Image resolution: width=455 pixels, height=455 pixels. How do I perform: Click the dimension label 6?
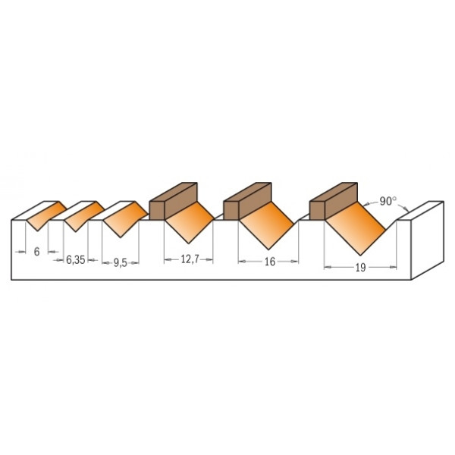36,252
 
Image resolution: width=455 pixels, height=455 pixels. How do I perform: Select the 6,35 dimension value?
75,259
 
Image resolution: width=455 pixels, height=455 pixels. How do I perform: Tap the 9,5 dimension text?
120,263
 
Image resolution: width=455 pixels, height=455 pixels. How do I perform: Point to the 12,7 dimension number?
190,259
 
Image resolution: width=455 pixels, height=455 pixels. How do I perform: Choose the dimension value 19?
361,267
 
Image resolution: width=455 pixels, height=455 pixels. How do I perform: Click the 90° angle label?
388,201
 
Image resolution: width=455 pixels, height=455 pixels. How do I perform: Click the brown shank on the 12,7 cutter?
173,199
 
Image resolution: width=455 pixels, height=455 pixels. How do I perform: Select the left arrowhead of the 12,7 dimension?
166,259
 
